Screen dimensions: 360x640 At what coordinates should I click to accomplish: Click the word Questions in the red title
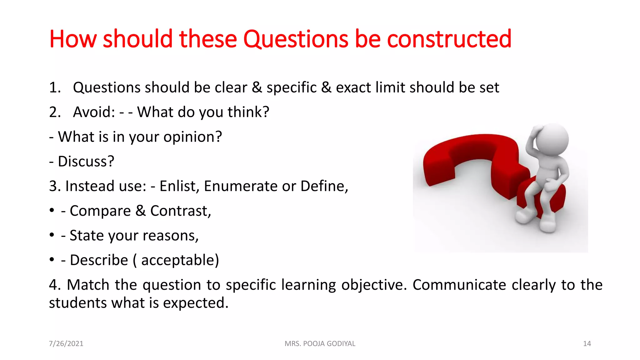click(295, 39)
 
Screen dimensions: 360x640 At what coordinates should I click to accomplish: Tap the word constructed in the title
click(449, 39)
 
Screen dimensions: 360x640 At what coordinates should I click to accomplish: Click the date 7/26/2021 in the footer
click(66, 343)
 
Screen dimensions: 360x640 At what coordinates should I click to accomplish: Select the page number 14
click(587, 343)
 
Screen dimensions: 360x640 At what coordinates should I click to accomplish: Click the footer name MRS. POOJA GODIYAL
click(320, 343)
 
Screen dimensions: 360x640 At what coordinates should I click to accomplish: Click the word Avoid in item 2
click(93, 112)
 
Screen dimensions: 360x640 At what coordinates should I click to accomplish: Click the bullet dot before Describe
click(52, 259)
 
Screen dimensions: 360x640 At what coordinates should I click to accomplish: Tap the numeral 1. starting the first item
click(55, 87)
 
